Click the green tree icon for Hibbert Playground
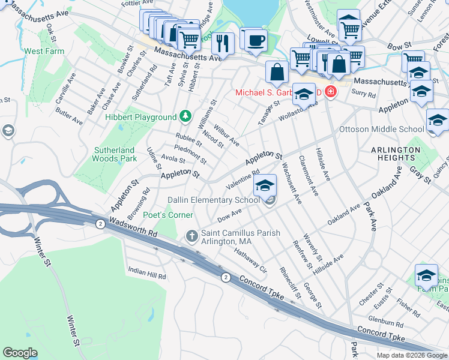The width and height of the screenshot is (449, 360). coord(186,116)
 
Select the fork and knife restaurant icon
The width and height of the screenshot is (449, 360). coord(223,43)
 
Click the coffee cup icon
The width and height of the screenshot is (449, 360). coord(256,40)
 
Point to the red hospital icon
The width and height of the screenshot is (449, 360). coord(330,92)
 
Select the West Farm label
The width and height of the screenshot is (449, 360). coord(44,52)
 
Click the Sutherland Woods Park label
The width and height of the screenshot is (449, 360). coord(115,154)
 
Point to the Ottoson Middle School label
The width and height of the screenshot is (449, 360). coord(381,129)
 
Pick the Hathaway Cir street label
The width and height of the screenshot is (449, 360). coord(250,258)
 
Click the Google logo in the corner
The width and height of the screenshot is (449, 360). coord(20,353)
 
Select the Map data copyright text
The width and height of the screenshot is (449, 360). coord(411,355)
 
